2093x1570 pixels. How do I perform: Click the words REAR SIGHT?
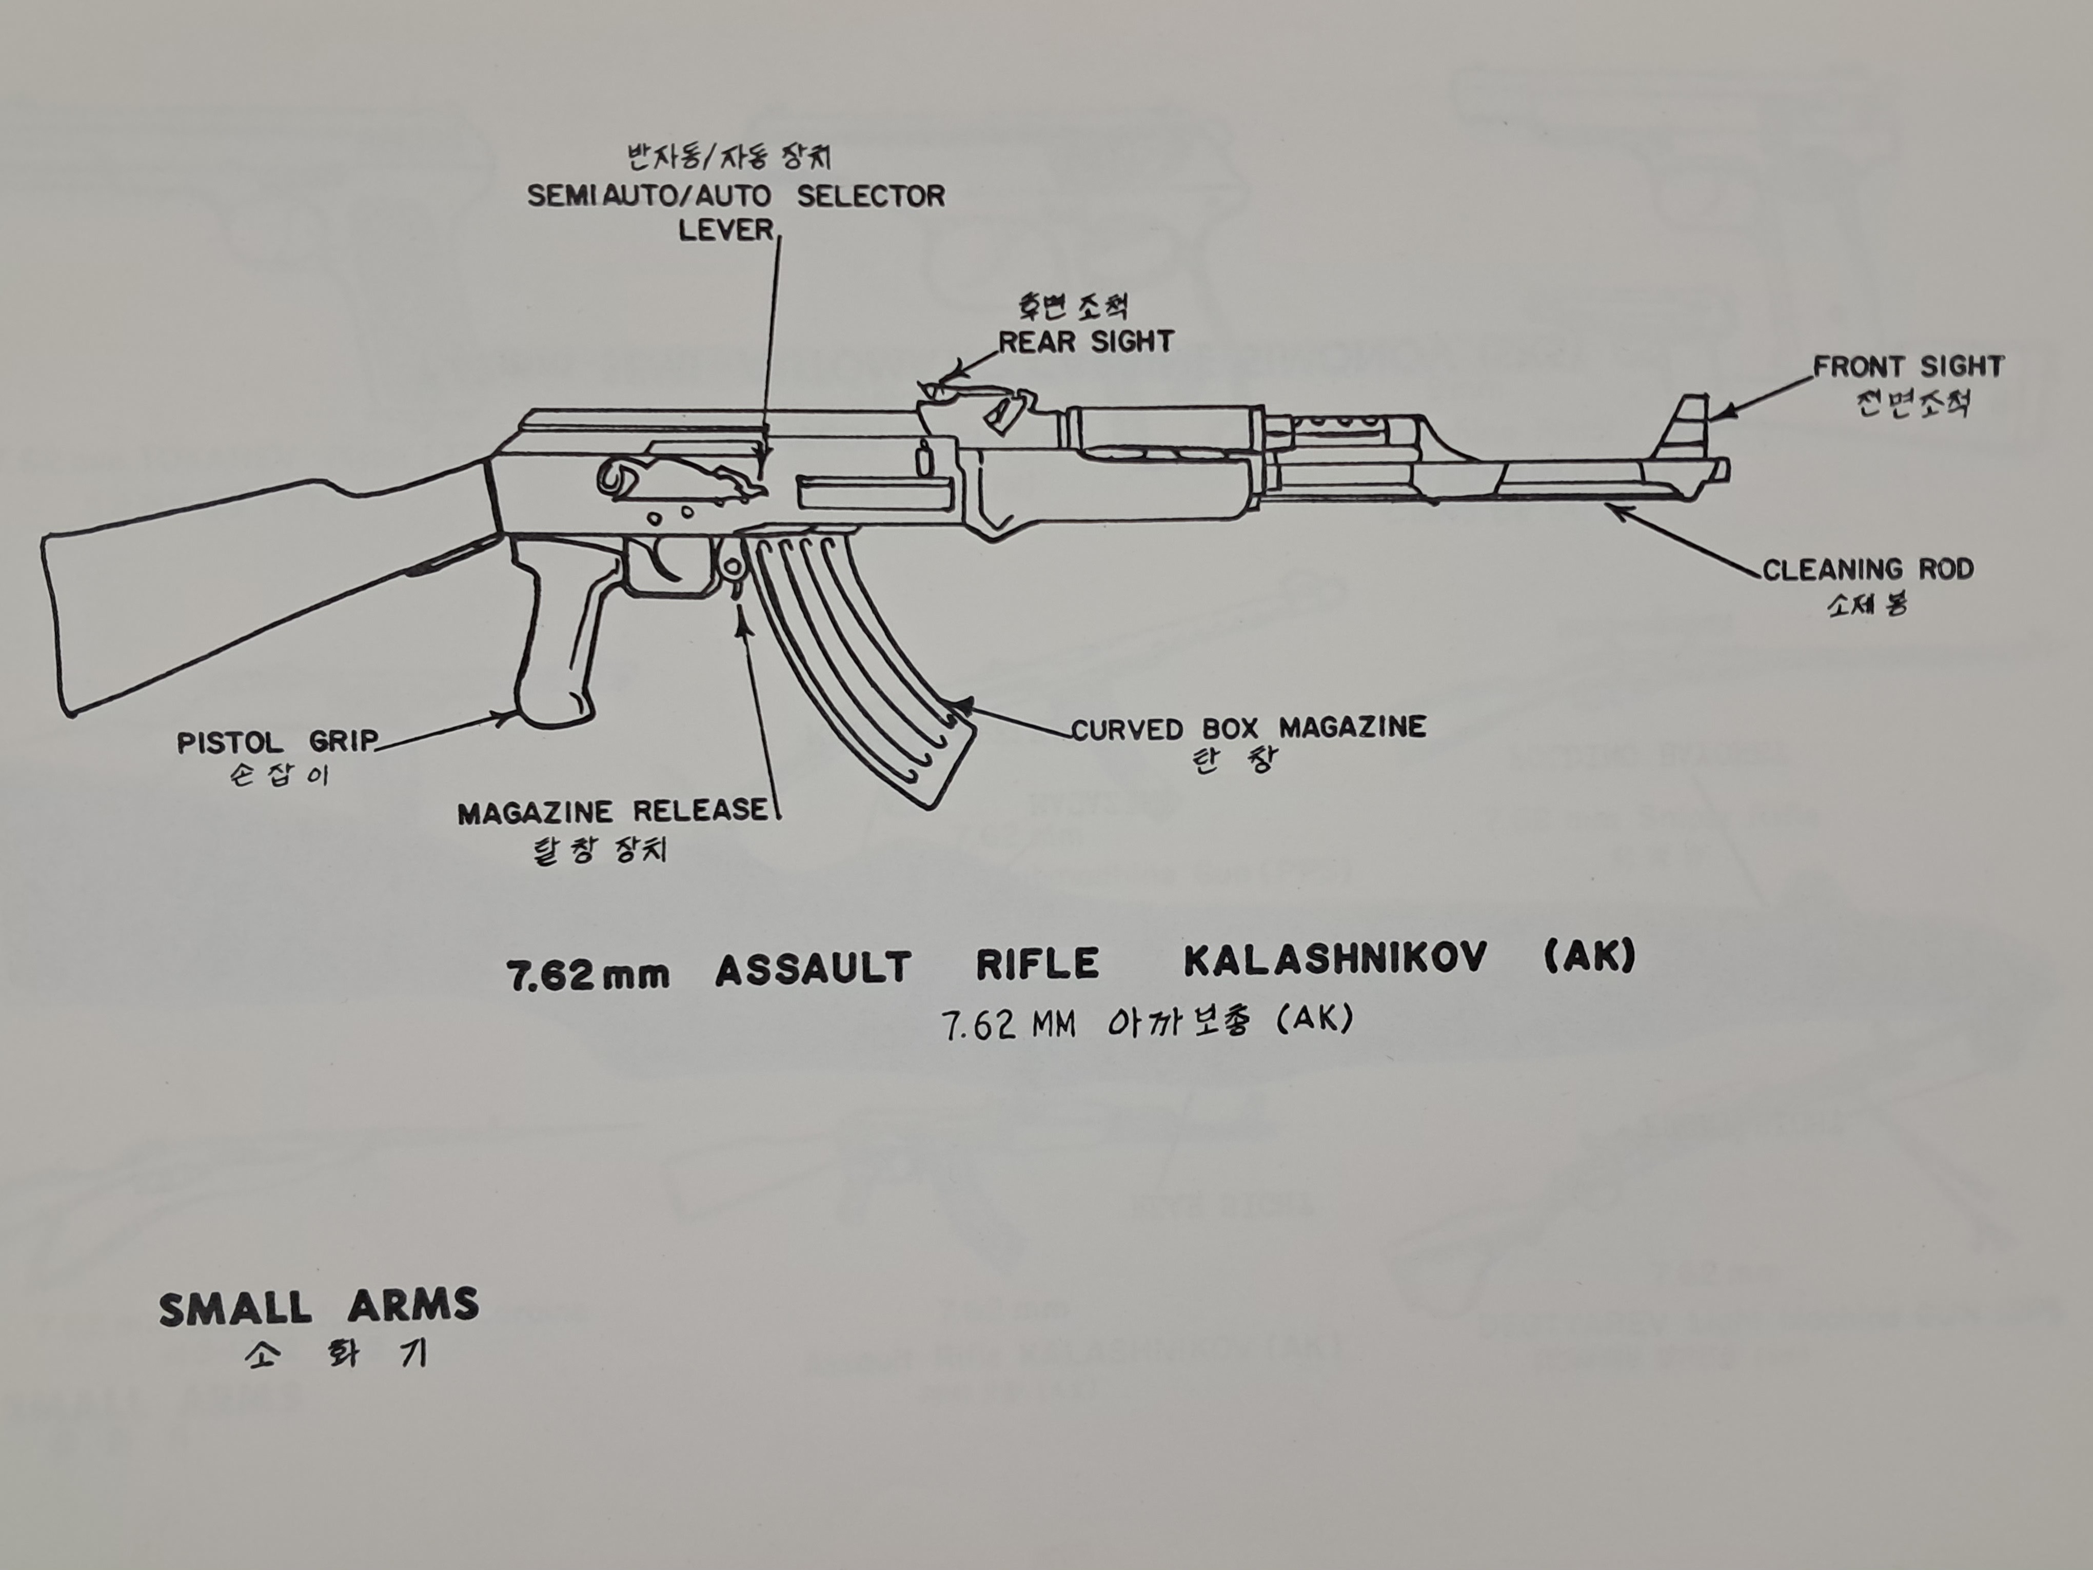tap(1086, 342)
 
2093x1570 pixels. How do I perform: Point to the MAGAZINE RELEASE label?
tap(612, 811)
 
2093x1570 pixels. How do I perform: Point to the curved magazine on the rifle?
tap(852, 662)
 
